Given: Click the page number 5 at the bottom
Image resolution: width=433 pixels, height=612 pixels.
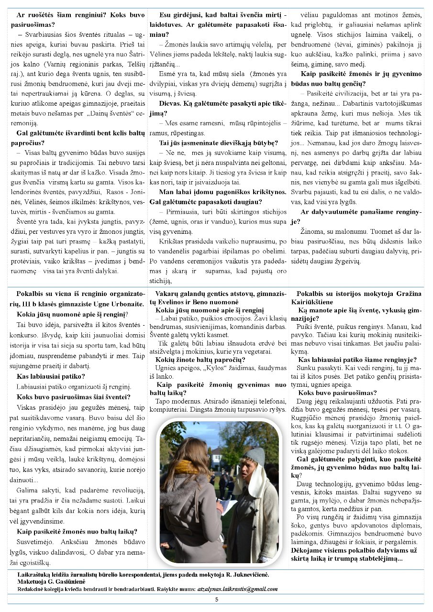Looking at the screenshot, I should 216,600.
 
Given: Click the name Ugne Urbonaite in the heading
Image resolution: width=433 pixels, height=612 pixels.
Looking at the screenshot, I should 120,304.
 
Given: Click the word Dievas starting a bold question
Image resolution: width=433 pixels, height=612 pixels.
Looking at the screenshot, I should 171,103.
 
